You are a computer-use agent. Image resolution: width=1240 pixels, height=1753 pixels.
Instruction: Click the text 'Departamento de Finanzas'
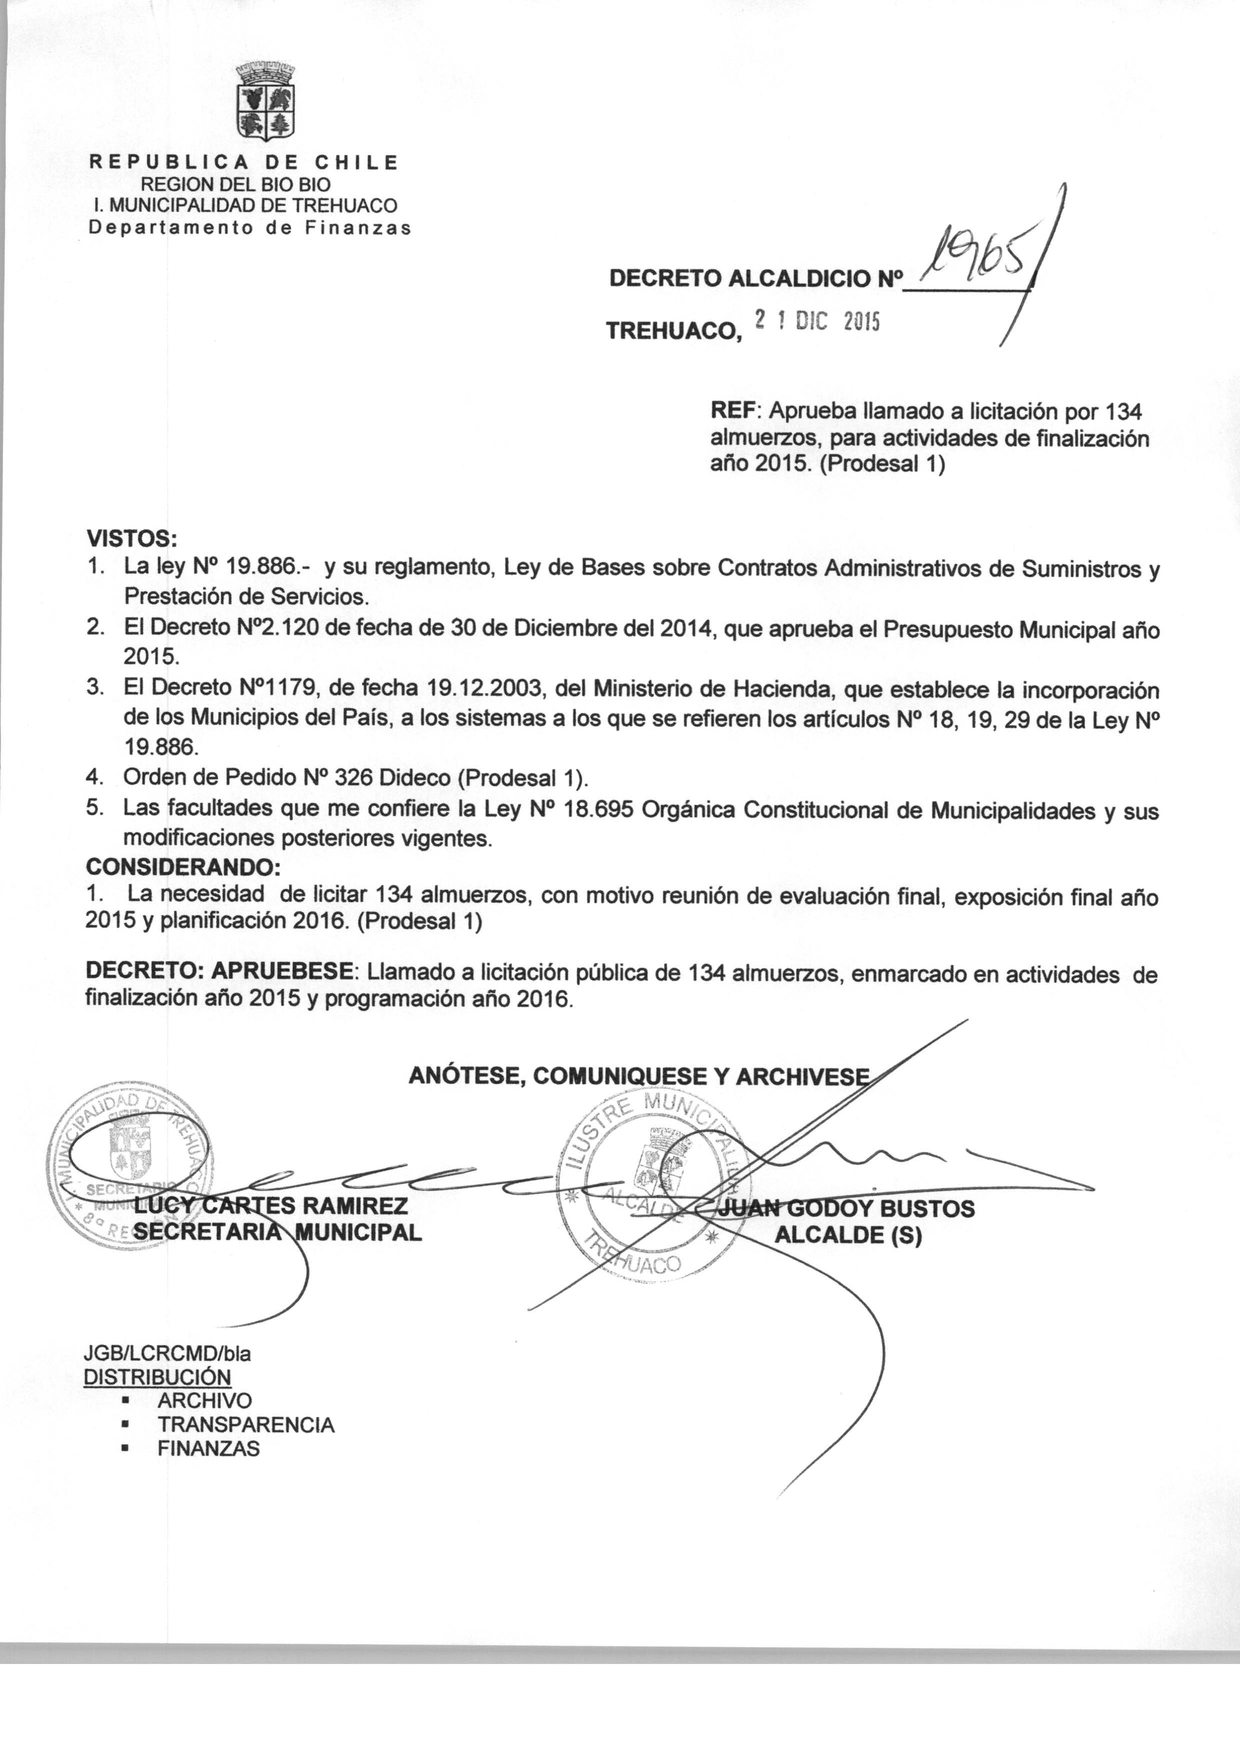[249, 228]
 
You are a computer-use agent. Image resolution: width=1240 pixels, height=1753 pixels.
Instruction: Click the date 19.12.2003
[484, 688]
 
